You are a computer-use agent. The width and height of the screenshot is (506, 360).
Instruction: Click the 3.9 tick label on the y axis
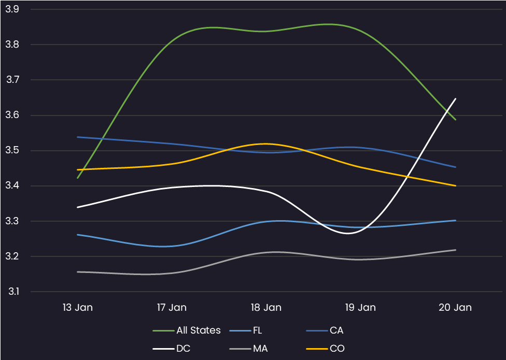(x=12, y=9)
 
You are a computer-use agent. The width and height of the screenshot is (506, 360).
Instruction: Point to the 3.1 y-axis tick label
(x=13, y=292)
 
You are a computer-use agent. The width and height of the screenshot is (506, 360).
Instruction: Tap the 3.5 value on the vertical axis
(x=12, y=151)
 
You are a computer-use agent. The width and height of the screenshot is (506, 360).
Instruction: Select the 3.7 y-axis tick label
(x=12, y=80)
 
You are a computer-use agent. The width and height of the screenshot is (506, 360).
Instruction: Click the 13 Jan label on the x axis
(x=77, y=308)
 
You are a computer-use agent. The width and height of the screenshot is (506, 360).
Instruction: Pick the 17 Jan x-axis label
(x=172, y=308)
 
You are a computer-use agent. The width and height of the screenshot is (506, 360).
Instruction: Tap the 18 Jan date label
(x=266, y=308)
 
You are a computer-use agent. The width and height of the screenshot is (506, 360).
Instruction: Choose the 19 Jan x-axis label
(x=360, y=308)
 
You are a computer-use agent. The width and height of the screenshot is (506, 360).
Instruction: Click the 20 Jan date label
(x=455, y=308)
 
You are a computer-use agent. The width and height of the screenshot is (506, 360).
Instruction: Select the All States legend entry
(x=187, y=330)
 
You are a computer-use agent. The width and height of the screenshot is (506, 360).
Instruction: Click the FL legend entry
(x=246, y=330)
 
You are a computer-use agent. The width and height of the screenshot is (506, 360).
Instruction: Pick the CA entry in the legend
(x=325, y=330)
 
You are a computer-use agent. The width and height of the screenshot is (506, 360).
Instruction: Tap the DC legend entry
(x=172, y=349)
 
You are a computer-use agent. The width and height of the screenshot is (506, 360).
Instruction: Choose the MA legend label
(x=248, y=349)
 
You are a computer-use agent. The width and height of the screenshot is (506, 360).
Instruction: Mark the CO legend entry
(x=325, y=349)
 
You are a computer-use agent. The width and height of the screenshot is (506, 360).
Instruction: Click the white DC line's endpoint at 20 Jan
(x=455, y=98)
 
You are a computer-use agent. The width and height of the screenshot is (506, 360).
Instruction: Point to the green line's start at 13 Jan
(x=77, y=178)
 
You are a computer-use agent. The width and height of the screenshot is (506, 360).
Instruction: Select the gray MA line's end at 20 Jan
(x=455, y=250)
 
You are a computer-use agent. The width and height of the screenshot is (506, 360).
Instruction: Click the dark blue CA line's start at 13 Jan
(x=77, y=137)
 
